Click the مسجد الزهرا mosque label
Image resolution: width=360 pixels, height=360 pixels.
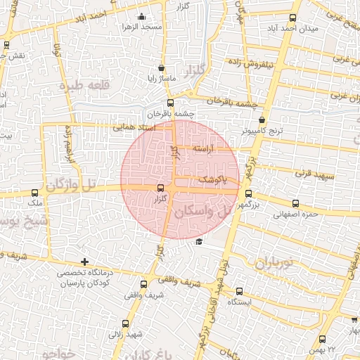coord(143,27)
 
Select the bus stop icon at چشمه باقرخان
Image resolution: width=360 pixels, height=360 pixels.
coord(169,103)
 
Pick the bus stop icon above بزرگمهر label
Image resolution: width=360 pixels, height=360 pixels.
coord(247,194)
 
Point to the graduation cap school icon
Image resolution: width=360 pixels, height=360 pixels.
coord(199,242)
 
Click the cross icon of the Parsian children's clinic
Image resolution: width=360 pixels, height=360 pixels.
coord(84,262)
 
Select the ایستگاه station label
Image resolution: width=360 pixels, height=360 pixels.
coord(240,301)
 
